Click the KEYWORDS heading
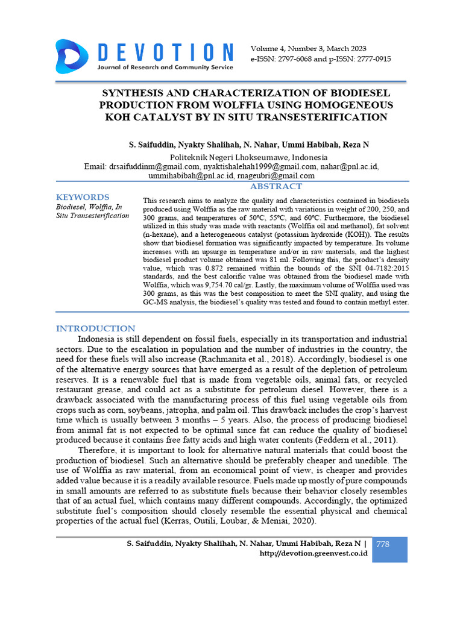tap(83, 198)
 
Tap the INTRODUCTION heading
tap(96, 328)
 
